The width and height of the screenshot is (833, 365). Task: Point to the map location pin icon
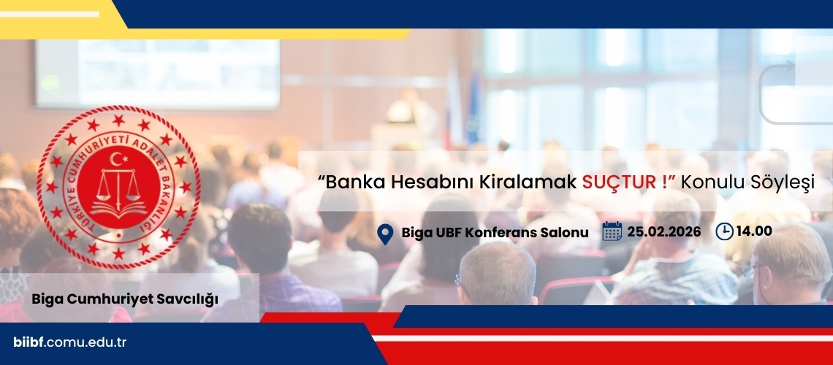pyautogui.click(x=385, y=234)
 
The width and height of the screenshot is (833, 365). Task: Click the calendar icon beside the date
pyautogui.click(x=612, y=231)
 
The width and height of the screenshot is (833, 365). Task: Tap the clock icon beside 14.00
pyautogui.click(x=724, y=231)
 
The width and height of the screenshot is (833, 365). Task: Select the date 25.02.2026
pyautogui.click(x=663, y=232)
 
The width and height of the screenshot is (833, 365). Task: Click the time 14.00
pyautogui.click(x=754, y=231)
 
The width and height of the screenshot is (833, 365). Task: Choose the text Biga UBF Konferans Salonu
pyautogui.click(x=495, y=232)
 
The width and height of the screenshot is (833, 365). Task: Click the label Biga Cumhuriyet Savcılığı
pyautogui.click(x=125, y=299)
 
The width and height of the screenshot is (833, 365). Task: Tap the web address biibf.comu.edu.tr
pyautogui.click(x=70, y=342)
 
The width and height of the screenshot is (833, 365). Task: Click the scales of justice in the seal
pyautogui.click(x=118, y=185)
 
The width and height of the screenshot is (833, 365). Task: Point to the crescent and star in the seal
pyautogui.click(x=118, y=158)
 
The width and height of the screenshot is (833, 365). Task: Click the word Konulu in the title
pyautogui.click(x=707, y=182)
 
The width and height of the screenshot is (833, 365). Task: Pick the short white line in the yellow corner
pyautogui.click(x=50, y=15)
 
